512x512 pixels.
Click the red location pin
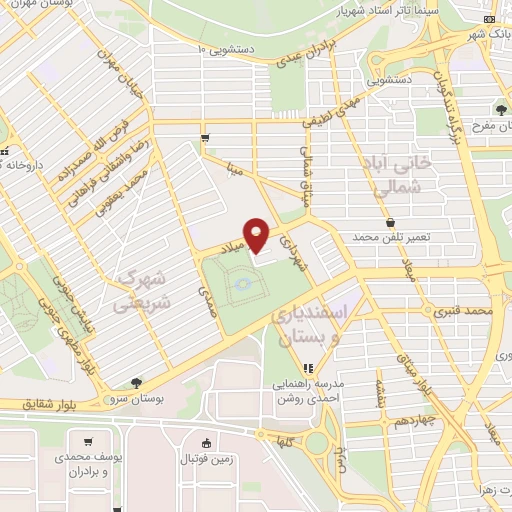pos(258,234)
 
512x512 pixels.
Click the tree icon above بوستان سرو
pos(136,382)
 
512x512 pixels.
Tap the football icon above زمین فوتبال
pos(206,444)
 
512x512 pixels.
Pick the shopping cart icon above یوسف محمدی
pos(89,443)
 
